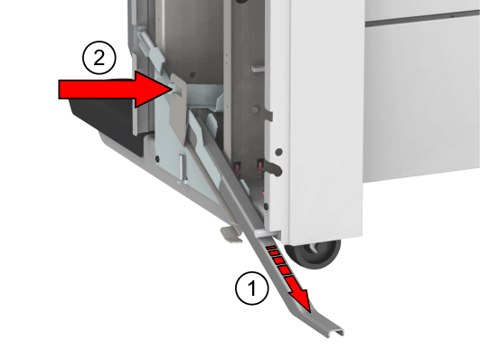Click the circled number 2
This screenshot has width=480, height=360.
[x=99, y=58]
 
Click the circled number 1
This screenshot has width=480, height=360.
[x=252, y=288]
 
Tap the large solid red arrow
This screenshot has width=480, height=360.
[x=115, y=90]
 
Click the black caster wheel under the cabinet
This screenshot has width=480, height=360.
[x=313, y=253]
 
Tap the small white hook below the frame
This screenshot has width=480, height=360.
[x=231, y=234]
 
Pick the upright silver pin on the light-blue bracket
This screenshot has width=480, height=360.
[x=182, y=168]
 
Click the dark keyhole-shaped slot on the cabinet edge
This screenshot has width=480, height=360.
[x=273, y=168]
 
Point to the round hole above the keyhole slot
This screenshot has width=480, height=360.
[x=279, y=152]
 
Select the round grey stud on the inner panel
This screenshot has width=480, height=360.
[x=255, y=109]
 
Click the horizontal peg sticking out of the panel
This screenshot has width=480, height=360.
[x=258, y=69]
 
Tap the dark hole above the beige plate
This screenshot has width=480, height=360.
[x=193, y=75]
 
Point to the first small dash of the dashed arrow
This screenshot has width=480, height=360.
[x=270, y=247]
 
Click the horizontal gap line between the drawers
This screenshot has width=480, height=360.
[x=422, y=18]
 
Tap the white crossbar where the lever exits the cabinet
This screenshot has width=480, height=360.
[x=267, y=233]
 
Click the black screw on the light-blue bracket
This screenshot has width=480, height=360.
[x=157, y=158]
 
